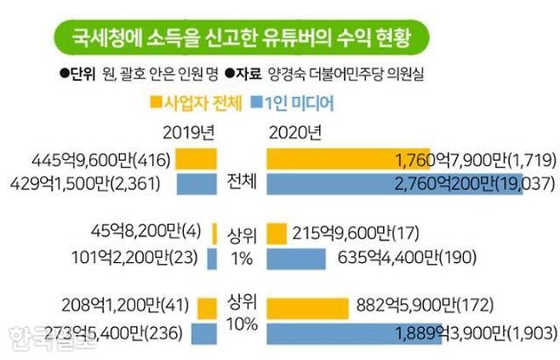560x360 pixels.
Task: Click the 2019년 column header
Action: tap(188, 133)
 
